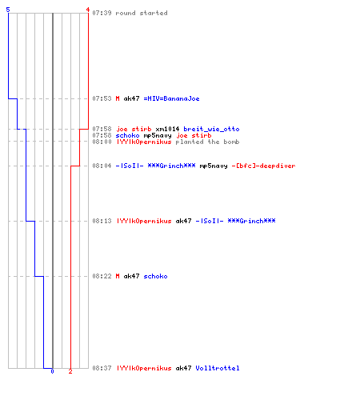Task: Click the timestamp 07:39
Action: (102, 13)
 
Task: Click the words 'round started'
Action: (142, 13)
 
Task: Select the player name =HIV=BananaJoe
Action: (171, 98)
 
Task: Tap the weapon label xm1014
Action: (167, 129)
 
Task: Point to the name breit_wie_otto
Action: (211, 129)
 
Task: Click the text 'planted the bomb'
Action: (207, 142)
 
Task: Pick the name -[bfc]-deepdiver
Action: (263, 166)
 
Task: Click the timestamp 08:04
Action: (102, 166)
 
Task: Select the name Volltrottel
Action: (218, 368)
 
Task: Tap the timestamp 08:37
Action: (102, 368)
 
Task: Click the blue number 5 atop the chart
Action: (8, 10)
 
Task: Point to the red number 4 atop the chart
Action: (88, 10)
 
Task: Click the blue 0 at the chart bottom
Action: (52, 371)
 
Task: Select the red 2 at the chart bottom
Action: (70, 371)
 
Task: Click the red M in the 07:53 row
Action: (118, 98)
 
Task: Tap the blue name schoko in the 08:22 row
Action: (155, 276)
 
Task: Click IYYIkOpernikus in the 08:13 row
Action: (144, 221)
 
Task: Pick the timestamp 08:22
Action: (102, 276)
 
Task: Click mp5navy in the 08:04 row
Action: (214, 166)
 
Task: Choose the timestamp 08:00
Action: (102, 142)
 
